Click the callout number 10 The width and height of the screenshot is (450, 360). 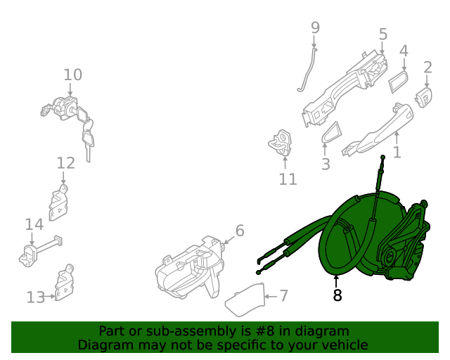click(x=72, y=75)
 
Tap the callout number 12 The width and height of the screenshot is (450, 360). click(x=65, y=163)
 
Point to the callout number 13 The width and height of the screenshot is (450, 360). click(x=35, y=297)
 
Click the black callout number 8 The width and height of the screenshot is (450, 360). click(x=337, y=296)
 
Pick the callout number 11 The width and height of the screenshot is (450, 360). click(x=288, y=179)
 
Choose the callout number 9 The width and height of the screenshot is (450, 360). click(x=315, y=27)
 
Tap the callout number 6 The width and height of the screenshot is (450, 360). click(x=239, y=231)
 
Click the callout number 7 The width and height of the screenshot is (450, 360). click(x=283, y=295)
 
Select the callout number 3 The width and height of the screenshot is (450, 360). click(x=326, y=165)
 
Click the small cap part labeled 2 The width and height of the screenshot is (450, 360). click(x=425, y=98)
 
